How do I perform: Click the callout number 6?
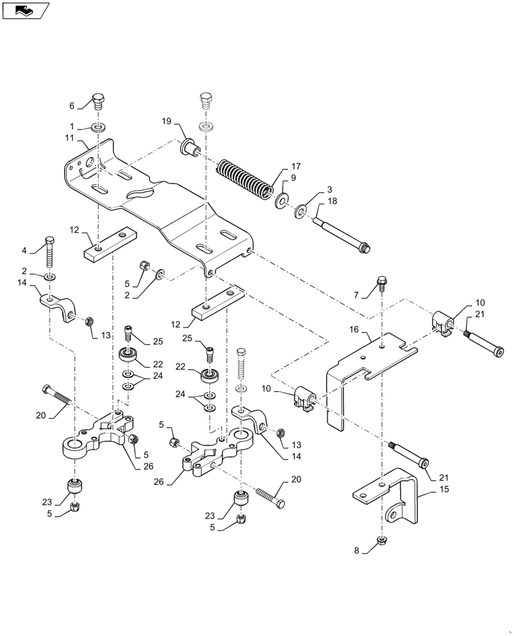tap(72, 105)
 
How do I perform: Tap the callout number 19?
tap(166, 121)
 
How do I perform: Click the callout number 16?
tap(354, 329)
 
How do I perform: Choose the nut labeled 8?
tap(384, 541)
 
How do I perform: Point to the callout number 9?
tap(293, 178)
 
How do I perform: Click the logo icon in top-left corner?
tap(25, 11)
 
